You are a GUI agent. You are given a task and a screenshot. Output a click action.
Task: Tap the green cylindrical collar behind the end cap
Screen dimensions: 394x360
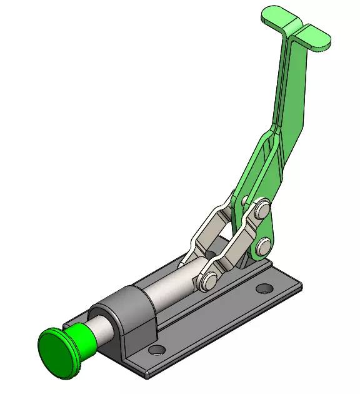[80, 338]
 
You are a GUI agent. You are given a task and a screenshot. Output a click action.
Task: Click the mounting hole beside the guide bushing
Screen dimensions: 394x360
[157, 349]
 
